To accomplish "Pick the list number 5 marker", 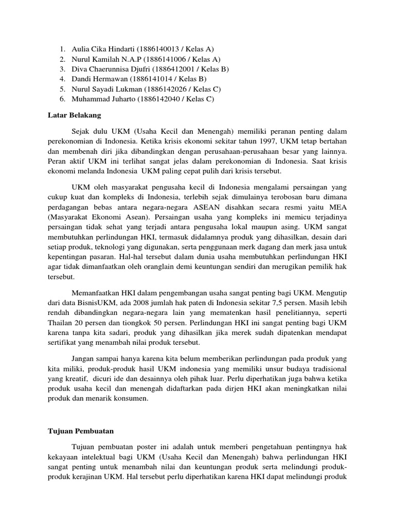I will (61, 89).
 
